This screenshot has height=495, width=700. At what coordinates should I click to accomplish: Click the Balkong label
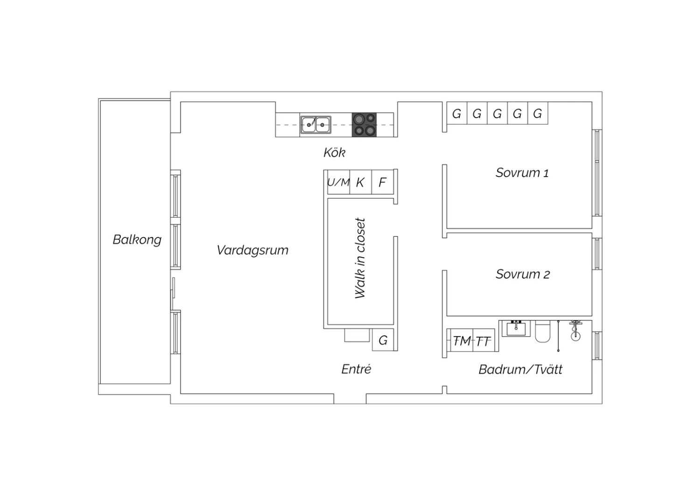point(137,240)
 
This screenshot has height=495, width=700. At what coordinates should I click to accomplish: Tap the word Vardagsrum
point(252,250)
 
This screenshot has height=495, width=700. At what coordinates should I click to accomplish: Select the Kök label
point(335,153)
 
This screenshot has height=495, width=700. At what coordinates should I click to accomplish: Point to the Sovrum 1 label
point(522,173)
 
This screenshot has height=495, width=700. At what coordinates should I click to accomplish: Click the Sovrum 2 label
point(523,274)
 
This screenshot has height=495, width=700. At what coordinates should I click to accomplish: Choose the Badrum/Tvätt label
point(520,369)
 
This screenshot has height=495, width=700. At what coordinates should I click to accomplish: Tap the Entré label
point(356,369)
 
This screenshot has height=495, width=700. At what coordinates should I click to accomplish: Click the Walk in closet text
point(360,258)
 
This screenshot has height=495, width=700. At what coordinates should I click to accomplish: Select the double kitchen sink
point(315,125)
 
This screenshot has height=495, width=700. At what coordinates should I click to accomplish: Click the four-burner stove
point(364,125)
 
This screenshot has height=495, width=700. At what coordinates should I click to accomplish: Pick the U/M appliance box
point(338,182)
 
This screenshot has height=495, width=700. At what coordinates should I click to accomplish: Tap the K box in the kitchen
point(361,182)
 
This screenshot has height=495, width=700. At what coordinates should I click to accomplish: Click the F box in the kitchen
point(383,182)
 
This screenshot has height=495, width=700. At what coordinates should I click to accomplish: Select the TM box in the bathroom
point(462,340)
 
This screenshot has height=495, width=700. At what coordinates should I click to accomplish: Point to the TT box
point(483,340)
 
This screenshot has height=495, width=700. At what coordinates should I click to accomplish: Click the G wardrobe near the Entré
point(383,339)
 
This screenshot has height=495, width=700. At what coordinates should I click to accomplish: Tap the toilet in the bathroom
point(542,331)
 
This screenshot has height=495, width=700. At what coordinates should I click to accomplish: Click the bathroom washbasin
point(516,328)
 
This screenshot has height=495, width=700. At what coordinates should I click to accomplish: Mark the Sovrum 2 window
point(597,254)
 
